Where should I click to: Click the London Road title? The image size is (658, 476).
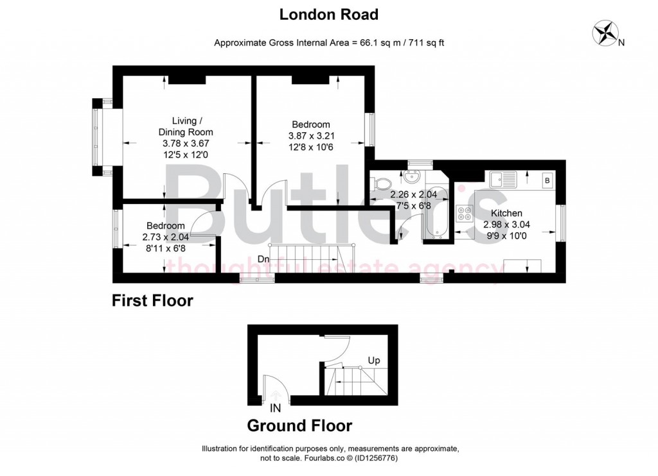coord(328,13)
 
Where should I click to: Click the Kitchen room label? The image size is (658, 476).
coord(506,213)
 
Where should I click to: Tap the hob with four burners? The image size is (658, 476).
coord(464,214)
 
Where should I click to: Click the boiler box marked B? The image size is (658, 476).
coord(547,180)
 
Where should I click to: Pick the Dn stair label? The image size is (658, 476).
coord(263,259)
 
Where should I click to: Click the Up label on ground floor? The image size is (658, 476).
coord(374,361)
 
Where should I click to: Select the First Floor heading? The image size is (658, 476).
coord(152,300)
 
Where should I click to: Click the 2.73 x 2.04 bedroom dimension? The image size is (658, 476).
coord(166,236)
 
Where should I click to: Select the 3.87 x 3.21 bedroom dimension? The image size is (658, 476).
coord(312,136)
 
